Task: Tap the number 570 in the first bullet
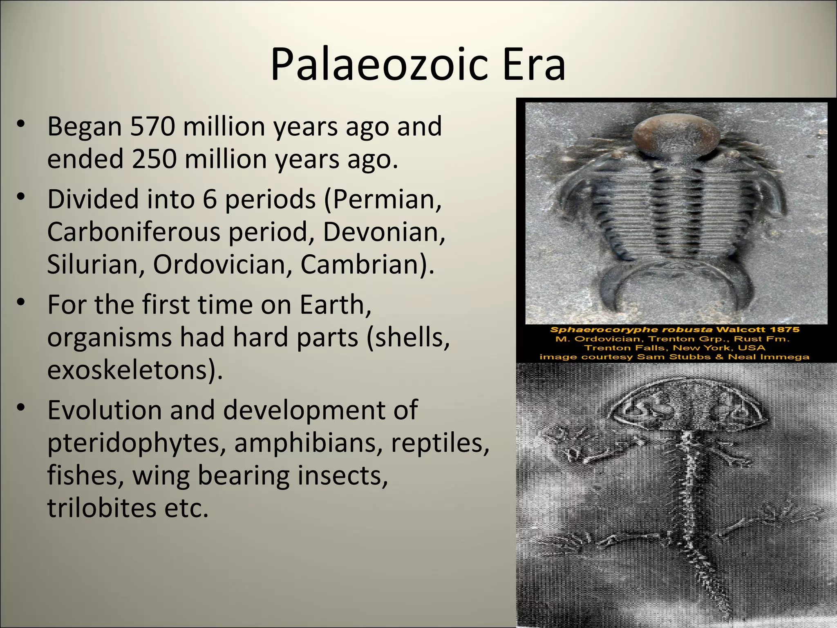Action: tap(152, 126)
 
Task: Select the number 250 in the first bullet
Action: tap(154, 159)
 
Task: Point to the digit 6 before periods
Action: tap(209, 200)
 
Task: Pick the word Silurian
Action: tap(95, 265)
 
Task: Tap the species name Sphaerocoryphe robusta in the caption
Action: tap(631, 330)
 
